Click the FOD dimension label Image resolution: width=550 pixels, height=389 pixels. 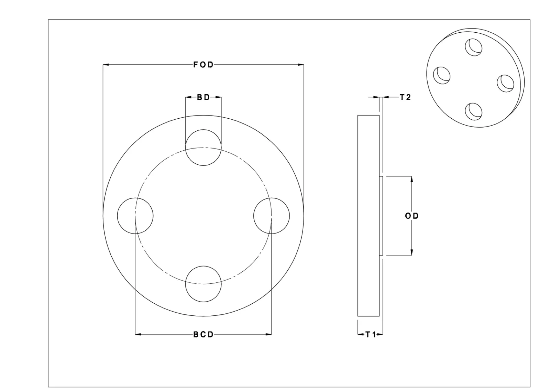tap(203, 65)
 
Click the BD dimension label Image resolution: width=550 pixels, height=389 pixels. tap(203, 97)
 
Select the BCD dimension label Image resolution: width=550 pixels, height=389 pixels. tap(203, 334)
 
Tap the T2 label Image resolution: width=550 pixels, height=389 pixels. tap(405, 97)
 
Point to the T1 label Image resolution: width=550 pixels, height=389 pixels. tap(371, 334)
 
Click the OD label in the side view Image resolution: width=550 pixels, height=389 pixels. tap(411, 216)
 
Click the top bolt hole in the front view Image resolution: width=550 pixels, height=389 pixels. tap(203, 148)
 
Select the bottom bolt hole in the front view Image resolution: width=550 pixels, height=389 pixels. tap(203, 284)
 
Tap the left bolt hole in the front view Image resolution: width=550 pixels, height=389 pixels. tap(135, 216)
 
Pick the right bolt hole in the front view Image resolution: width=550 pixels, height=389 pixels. tap(272, 216)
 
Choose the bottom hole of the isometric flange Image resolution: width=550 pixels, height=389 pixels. tap(474, 111)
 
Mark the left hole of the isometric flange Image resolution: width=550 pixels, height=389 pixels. tap(442, 75)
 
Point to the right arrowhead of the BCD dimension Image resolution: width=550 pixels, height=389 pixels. tap(269, 334)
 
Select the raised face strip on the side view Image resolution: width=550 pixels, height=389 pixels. tap(381, 216)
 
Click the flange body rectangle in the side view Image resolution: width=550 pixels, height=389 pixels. tap(368, 216)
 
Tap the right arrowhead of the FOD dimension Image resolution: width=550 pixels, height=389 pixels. tap(301, 65)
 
